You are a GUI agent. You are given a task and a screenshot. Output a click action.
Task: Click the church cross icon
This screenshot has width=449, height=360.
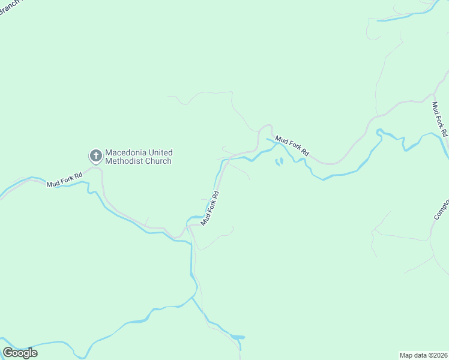[x=95, y=157]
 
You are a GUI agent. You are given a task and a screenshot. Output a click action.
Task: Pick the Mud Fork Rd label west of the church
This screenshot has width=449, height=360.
[x=64, y=179]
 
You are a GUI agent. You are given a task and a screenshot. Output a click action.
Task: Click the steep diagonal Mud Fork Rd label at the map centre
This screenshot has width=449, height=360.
[x=211, y=208]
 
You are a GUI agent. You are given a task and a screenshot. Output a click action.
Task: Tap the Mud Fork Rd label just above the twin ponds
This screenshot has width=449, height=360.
[x=292, y=146]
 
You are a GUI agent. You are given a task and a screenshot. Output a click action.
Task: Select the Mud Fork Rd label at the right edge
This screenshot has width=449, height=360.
[x=440, y=119]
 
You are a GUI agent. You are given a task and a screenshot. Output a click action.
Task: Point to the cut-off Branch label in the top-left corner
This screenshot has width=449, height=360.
[x=8, y=8]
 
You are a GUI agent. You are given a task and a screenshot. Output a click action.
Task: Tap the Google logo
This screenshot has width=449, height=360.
[x=20, y=352]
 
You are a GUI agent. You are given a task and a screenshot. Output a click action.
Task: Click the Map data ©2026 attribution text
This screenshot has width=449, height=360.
[x=424, y=355]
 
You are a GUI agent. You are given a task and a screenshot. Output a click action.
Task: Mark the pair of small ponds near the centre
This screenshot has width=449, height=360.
[x=279, y=161]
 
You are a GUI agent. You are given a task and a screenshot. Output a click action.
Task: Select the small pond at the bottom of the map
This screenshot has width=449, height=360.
[x=238, y=337]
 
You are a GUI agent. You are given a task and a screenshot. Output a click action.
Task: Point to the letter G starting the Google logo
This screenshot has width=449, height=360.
[x=8, y=352]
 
